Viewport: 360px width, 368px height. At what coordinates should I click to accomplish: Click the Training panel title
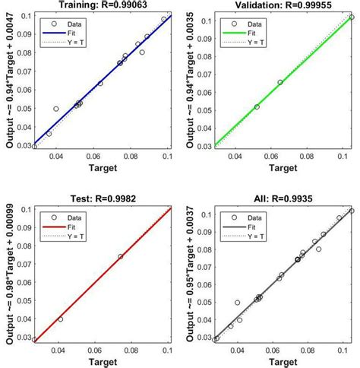point(102,5)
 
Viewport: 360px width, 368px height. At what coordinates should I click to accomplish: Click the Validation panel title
point(281,5)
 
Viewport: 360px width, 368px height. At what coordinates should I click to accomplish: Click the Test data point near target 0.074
point(121,256)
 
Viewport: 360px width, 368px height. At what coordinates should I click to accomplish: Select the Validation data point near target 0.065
point(280,82)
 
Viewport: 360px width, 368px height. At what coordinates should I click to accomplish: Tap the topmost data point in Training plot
point(163,19)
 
